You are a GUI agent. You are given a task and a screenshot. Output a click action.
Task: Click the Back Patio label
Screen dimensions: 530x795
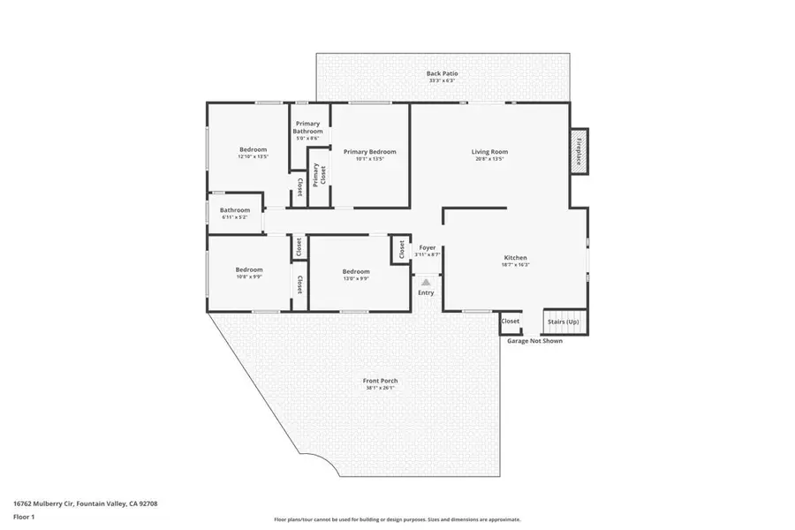click(x=443, y=73)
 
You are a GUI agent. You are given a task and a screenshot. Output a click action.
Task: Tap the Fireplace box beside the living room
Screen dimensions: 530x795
click(x=579, y=152)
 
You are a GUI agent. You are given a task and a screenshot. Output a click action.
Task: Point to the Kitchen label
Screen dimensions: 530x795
click(x=515, y=258)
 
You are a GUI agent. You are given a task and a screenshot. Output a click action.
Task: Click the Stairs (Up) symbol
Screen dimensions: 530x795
click(x=565, y=322)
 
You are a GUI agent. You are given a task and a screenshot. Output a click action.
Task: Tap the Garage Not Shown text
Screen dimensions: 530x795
click(x=534, y=340)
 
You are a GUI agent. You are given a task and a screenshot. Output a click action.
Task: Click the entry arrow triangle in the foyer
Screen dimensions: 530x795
click(x=426, y=282)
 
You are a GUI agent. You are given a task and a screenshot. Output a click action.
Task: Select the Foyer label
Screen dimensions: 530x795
click(x=427, y=248)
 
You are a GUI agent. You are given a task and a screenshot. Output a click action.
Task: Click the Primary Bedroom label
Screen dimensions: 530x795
click(x=369, y=152)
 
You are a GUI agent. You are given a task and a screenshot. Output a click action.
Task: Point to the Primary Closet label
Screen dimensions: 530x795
click(x=314, y=175)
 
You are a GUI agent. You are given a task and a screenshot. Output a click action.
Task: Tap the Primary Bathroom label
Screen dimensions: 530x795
click(x=307, y=127)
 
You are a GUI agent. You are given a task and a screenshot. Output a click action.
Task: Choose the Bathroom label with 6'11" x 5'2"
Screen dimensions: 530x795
click(x=235, y=210)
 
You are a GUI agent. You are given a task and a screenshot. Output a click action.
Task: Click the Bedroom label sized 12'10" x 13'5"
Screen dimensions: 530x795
click(x=253, y=149)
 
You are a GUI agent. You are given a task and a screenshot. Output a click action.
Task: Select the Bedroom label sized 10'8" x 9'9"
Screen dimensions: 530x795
click(x=249, y=269)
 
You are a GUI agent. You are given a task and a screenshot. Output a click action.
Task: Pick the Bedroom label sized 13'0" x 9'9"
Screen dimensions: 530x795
click(x=356, y=271)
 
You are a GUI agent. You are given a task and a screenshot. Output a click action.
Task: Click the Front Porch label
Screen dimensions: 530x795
click(x=380, y=381)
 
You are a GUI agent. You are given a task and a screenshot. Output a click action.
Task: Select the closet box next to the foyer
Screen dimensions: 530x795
click(x=401, y=251)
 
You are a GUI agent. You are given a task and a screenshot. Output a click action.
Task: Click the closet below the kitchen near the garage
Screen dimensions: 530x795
click(x=511, y=322)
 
